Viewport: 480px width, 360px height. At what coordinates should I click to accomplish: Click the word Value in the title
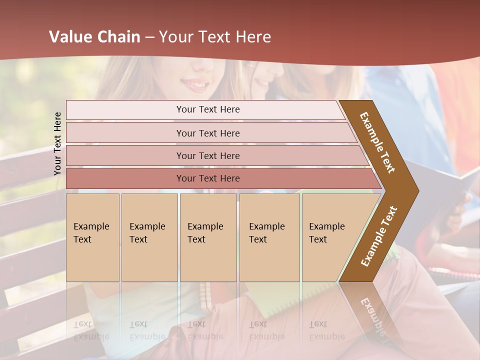pos(70,37)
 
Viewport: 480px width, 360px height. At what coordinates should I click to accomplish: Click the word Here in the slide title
pos(253,37)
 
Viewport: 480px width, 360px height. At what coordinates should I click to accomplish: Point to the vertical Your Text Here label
pos(57,143)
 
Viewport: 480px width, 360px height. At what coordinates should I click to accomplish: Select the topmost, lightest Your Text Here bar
pos(207,110)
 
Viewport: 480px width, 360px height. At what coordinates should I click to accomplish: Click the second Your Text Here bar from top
pos(207,133)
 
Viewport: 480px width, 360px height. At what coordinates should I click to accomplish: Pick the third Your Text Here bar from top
pos(207,155)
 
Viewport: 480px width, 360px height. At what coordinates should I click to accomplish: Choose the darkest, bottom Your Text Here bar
pos(207,178)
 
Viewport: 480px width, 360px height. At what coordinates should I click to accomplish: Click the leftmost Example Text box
pos(92,237)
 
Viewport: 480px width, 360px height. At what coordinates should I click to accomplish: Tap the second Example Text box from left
pos(149,237)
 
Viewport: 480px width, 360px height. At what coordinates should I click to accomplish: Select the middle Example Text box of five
pos(208,237)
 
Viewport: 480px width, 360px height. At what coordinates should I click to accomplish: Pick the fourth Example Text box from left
pos(269,237)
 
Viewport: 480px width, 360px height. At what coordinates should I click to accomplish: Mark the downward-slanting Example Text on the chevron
pos(377,142)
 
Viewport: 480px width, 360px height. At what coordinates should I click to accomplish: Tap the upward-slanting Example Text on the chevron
pos(378,236)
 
